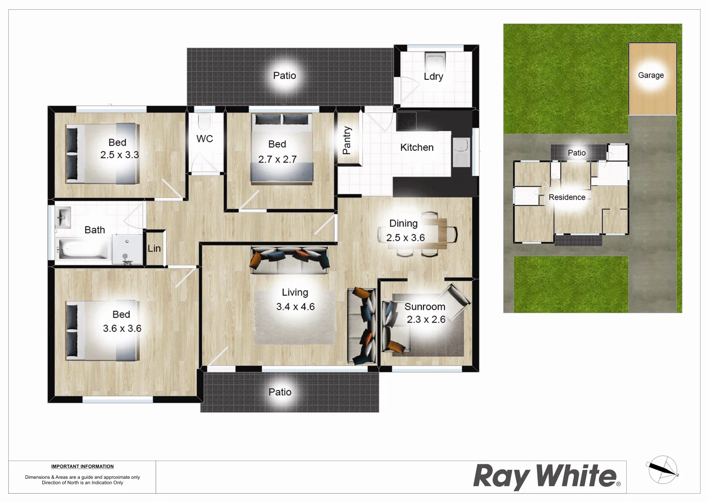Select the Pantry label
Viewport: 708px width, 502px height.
(x=347, y=140)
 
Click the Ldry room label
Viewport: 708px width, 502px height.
(x=433, y=77)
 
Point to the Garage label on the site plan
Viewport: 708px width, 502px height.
(x=650, y=75)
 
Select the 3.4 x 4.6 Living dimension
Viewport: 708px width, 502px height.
(x=295, y=307)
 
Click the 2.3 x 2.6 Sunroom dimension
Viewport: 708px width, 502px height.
(x=426, y=319)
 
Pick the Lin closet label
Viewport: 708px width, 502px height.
(x=154, y=249)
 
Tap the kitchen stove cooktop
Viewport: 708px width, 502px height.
(x=406, y=121)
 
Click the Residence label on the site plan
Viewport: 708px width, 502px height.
(x=567, y=198)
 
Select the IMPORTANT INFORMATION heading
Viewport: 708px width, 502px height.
(x=82, y=467)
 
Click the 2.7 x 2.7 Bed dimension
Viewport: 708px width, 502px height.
(x=277, y=159)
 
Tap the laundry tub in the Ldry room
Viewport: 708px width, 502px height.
(x=435, y=62)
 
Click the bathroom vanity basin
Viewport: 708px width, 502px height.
(x=63, y=217)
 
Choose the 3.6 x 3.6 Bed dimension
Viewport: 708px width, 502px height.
(x=122, y=329)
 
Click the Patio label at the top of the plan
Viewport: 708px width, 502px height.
(x=284, y=76)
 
